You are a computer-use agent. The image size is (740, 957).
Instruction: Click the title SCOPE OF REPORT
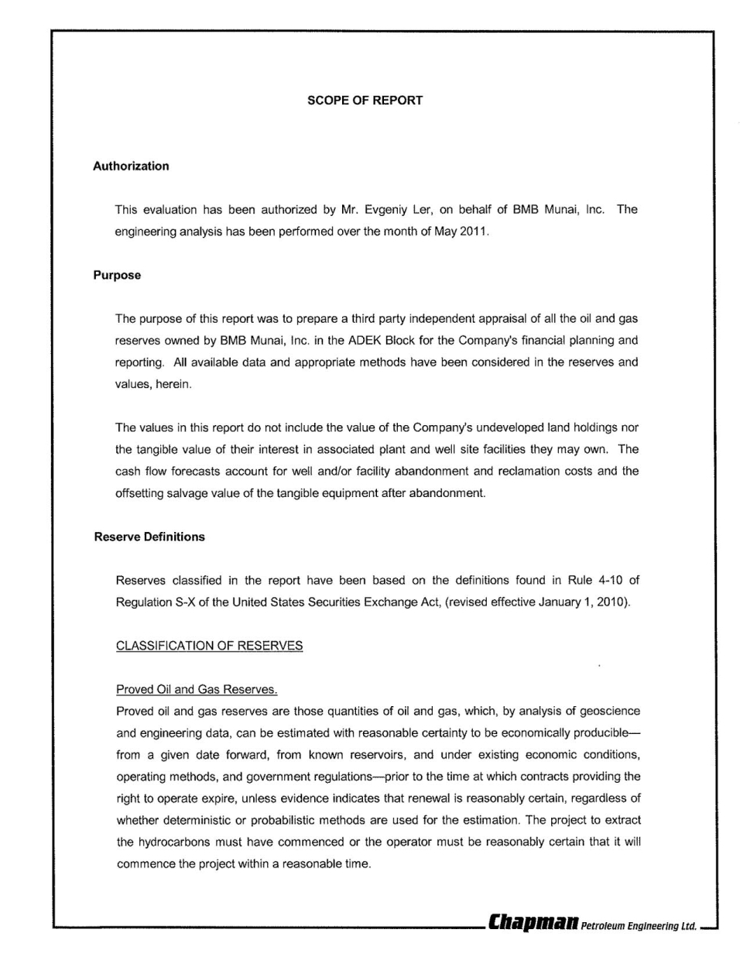tap(365, 101)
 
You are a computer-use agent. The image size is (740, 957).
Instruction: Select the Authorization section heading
tap(131, 166)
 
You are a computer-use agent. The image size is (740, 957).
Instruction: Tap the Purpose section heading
tap(117, 275)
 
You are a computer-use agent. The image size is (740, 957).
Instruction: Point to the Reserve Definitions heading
tap(149, 537)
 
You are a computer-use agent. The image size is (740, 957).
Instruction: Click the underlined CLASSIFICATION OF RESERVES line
tap(209, 646)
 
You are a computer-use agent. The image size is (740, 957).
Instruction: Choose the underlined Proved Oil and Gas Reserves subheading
tap(197, 689)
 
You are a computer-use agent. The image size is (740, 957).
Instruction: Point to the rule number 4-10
tap(601, 580)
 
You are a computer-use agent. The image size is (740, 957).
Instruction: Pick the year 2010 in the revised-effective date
tap(612, 602)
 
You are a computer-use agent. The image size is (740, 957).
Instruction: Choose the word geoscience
tap(609, 711)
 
